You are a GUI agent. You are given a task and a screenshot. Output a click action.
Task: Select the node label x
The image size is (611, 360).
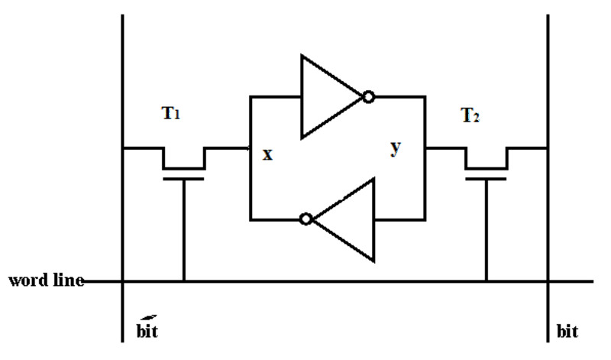[267, 154]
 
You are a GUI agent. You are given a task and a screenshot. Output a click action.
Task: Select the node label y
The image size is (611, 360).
[395, 148]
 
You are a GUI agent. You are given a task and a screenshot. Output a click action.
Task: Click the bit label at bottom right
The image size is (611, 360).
[567, 334]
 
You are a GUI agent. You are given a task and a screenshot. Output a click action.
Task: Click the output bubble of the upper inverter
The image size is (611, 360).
[369, 97]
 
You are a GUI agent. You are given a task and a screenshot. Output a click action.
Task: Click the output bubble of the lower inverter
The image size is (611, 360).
[306, 219]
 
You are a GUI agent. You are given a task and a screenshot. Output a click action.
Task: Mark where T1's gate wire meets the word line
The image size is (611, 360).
[183, 281]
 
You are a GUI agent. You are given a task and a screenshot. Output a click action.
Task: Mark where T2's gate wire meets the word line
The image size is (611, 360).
[486, 281]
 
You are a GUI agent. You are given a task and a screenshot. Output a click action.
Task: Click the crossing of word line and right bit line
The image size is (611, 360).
[548, 281]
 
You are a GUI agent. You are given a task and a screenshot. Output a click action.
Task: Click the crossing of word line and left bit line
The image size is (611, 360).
[123, 281]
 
